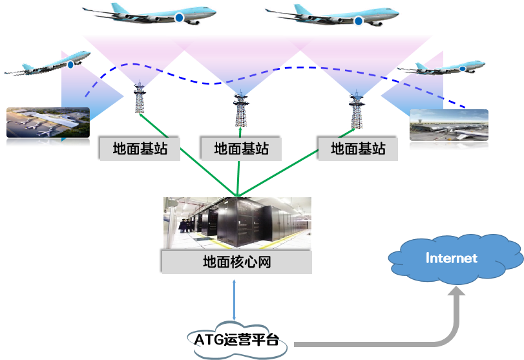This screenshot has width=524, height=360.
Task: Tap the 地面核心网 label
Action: (237, 263)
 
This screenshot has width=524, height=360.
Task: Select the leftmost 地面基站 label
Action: (140, 149)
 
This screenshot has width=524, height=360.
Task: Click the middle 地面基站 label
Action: (242, 149)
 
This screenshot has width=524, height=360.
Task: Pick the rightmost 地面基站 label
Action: (358, 149)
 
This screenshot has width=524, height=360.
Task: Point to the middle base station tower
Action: (240, 107)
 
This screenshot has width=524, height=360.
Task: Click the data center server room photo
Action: (237, 224)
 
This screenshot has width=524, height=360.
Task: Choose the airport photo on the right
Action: (449, 129)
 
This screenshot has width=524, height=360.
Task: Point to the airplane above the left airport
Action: (48, 65)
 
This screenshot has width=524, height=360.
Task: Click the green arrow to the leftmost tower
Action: (187, 153)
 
